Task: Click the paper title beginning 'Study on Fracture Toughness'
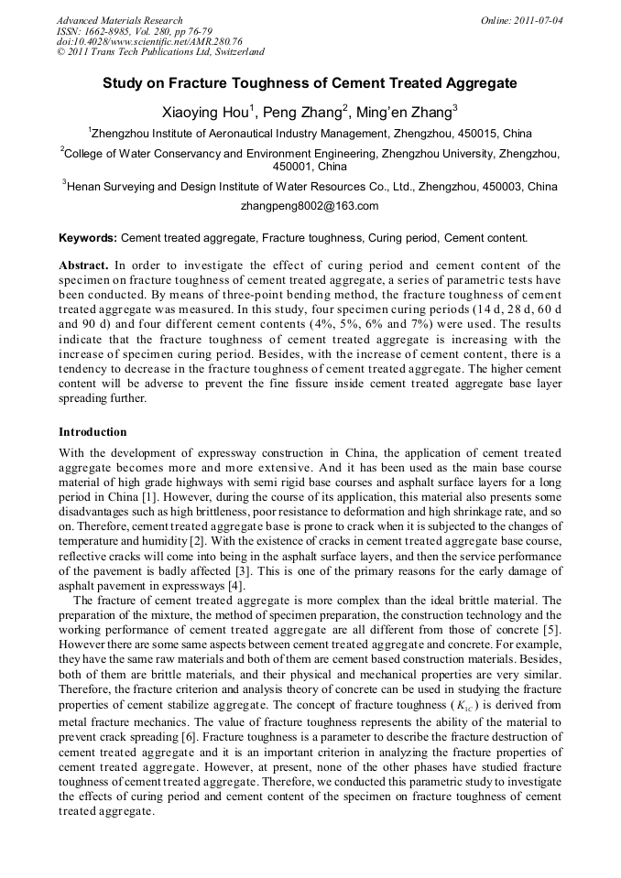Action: click(x=310, y=83)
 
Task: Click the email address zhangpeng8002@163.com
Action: click(x=310, y=206)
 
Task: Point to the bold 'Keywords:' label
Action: click(x=88, y=238)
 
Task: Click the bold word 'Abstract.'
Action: click(x=84, y=265)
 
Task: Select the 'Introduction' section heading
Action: click(x=93, y=431)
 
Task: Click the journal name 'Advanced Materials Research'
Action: click(x=120, y=20)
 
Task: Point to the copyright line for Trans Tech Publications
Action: click(x=160, y=52)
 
